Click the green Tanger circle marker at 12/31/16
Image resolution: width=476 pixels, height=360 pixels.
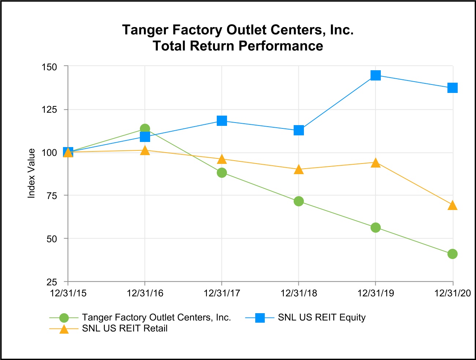tap(145, 129)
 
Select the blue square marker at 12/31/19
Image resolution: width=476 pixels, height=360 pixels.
tap(376, 75)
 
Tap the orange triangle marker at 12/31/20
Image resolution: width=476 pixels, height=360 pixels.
tap(453, 205)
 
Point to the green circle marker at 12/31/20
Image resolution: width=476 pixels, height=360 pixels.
tap(453, 254)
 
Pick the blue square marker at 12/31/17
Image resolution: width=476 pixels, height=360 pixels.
tap(222, 121)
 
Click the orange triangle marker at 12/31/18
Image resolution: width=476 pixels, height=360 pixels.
tap(299, 169)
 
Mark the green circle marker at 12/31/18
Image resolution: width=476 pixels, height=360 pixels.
tap(299, 201)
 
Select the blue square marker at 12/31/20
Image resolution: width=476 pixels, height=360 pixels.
tap(453, 88)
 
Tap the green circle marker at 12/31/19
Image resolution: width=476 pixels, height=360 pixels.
tap(376, 228)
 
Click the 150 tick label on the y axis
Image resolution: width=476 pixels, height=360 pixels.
tap(50, 67)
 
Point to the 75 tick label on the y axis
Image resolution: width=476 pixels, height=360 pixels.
tap(52, 196)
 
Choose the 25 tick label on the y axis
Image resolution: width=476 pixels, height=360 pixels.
tap(52, 282)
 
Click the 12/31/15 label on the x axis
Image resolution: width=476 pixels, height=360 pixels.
tap(68, 293)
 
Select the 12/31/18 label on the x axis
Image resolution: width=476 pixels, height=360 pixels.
tap(299, 293)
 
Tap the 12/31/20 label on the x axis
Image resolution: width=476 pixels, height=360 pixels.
tap(452, 293)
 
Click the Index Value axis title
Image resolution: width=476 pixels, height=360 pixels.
tap(31, 173)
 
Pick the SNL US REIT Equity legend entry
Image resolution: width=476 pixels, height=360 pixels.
tap(321, 318)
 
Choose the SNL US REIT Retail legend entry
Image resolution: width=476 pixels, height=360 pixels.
tap(124, 329)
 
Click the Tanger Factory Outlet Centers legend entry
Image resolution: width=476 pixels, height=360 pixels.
tap(156, 318)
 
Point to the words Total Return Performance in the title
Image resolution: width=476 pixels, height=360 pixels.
tap(238, 46)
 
